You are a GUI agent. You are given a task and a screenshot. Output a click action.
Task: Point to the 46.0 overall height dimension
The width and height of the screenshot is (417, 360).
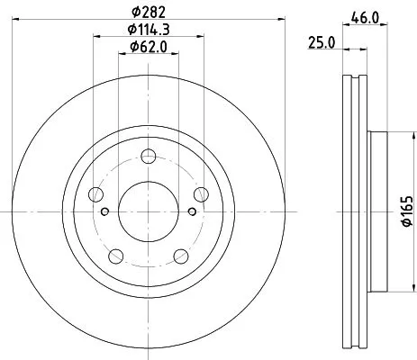[x=363, y=16]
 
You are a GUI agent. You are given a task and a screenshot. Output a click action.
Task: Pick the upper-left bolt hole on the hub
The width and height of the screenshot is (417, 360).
[x=97, y=196]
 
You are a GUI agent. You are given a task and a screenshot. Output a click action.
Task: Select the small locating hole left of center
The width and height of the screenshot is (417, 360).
[x=105, y=212]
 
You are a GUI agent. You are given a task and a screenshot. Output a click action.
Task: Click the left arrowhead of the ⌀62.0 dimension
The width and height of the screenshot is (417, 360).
[x=122, y=55]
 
